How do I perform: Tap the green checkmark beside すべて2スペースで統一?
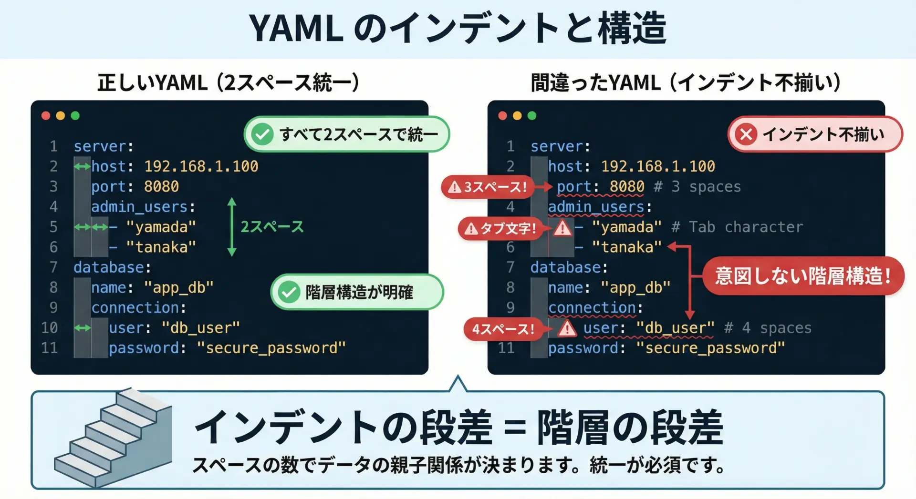click(262, 134)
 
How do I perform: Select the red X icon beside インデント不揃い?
click(746, 134)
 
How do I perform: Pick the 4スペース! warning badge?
click(503, 329)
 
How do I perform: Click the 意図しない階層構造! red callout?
click(803, 276)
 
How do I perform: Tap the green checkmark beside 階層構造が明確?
click(289, 292)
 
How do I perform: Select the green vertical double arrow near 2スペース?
click(232, 227)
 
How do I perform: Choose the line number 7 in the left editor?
click(53, 267)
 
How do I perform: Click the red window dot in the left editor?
click(46, 116)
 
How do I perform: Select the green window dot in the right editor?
click(532, 116)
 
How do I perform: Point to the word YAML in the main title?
click(296, 29)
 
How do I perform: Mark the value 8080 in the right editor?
click(627, 186)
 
